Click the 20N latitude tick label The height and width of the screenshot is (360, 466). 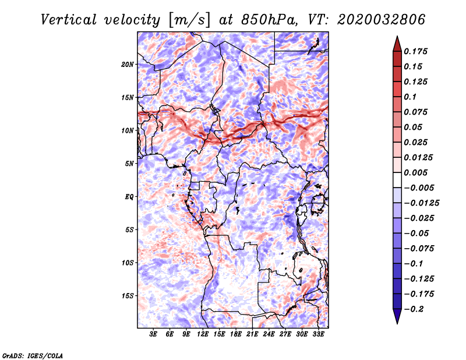click(x=127, y=65)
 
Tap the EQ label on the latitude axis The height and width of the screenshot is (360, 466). click(x=129, y=197)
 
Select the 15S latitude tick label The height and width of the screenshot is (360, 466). click(x=127, y=296)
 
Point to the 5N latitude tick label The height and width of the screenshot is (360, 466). click(x=129, y=164)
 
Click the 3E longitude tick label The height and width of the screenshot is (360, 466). click(x=153, y=334)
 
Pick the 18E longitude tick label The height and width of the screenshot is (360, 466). click(x=235, y=334)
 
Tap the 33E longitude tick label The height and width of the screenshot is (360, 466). click(x=318, y=334)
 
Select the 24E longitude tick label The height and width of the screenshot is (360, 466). click(x=269, y=334)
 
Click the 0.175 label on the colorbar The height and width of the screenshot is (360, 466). click(x=415, y=51)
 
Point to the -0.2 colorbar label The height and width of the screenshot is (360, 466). click(x=414, y=309)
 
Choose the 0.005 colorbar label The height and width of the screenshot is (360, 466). click(x=415, y=172)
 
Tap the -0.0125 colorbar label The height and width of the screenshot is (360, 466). click(x=421, y=203)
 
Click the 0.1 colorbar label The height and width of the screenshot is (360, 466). click(x=410, y=97)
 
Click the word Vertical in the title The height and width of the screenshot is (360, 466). click(x=69, y=20)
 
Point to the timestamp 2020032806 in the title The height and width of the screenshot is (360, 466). click(x=382, y=20)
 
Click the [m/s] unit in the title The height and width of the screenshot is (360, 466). click(x=189, y=20)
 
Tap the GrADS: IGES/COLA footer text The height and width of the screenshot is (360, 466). click(x=33, y=356)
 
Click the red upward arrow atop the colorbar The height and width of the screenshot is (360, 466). click(x=397, y=44)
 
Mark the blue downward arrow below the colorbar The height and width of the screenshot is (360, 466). click(x=397, y=316)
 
